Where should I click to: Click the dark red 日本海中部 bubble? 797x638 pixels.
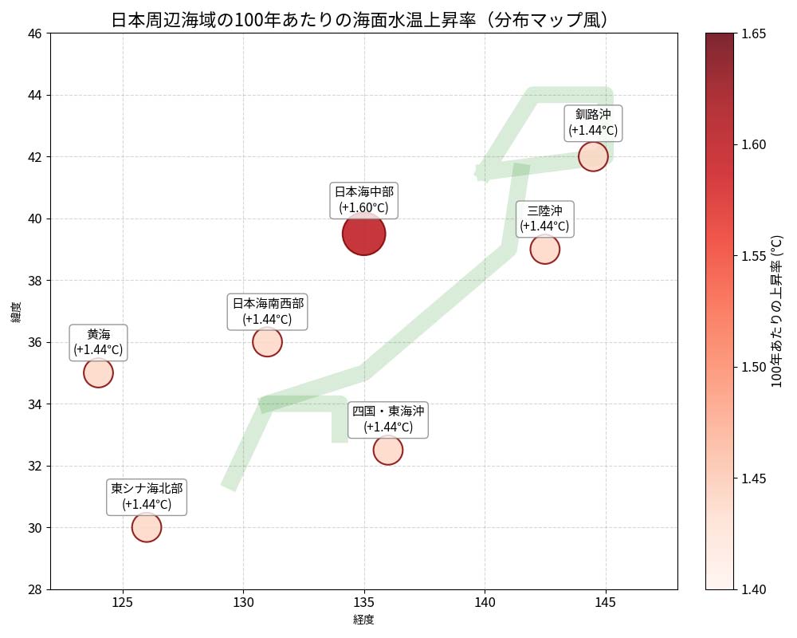364,234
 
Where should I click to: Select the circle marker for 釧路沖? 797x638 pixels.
593,156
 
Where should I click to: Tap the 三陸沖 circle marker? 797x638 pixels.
544,249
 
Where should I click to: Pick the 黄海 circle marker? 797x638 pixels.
98,372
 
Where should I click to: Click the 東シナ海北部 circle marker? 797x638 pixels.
147,527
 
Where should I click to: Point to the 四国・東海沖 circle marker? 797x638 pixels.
387,450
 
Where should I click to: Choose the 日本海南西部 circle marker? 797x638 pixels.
267,342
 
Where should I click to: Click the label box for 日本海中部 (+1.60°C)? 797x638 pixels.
363,199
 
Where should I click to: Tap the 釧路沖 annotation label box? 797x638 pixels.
593,122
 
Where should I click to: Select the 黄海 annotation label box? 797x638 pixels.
98,341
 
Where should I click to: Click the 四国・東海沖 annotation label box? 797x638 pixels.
388,419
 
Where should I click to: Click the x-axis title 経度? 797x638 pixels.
363,619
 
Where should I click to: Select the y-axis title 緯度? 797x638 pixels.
16,312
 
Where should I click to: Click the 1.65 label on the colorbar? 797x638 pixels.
754,33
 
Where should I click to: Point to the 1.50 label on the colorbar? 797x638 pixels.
754,367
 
